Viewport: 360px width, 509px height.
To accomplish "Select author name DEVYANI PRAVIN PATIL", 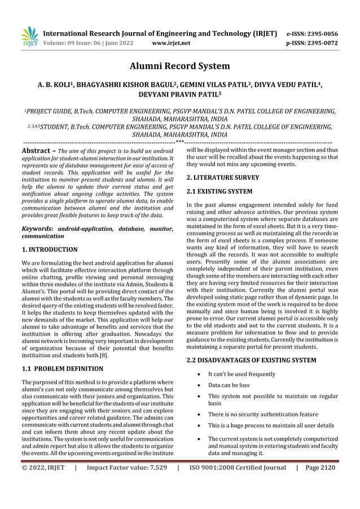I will tap(180, 96).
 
